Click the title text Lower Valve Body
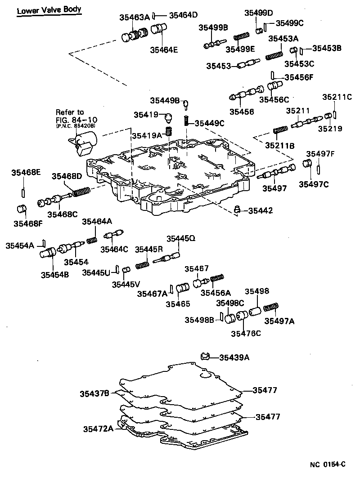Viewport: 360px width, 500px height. [49, 10]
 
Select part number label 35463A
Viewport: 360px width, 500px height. [135, 18]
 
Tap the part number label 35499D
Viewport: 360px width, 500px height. [259, 13]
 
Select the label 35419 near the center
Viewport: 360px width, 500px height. [146, 115]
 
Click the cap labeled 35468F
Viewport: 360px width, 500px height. [22, 209]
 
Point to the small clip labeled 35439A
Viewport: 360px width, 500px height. [206, 357]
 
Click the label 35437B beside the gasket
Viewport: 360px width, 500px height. [94, 394]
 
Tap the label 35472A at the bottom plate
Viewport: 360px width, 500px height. [98, 429]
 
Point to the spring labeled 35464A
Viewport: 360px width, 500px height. [92, 240]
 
